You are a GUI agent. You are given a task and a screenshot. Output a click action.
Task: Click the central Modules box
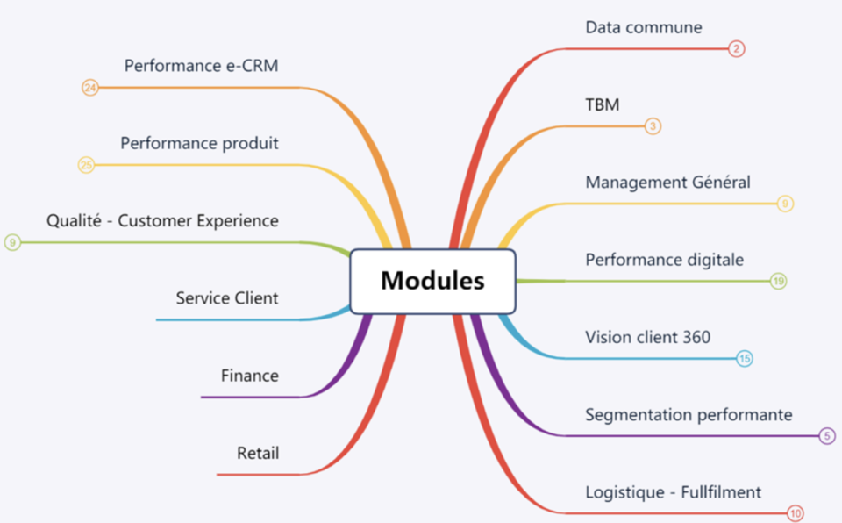pyautogui.click(x=432, y=281)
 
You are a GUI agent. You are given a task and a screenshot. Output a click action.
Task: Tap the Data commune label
pyautogui.click(x=644, y=27)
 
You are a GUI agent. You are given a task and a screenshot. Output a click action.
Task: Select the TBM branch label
pyautogui.click(x=603, y=104)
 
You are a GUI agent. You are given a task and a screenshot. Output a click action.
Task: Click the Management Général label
pyautogui.click(x=667, y=183)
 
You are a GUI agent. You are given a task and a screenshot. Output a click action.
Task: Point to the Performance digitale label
pyautogui.click(x=664, y=260)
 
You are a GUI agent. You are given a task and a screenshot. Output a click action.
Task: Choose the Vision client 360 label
pyautogui.click(x=647, y=337)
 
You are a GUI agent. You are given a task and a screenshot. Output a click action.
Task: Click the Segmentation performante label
pyautogui.click(x=689, y=414)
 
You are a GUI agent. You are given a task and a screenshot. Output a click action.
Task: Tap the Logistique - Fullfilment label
pyautogui.click(x=673, y=492)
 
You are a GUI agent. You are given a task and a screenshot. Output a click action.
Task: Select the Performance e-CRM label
pyautogui.click(x=201, y=65)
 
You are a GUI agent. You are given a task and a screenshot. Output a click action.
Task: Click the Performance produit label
pyautogui.click(x=199, y=142)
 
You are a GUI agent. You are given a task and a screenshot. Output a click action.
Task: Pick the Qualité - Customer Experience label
pyautogui.click(x=162, y=220)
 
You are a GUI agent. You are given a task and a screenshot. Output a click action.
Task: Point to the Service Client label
pyautogui.click(x=226, y=298)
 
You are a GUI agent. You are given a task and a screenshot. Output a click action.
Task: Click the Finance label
pyautogui.click(x=249, y=376)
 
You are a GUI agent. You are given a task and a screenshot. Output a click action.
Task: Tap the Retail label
pyautogui.click(x=258, y=454)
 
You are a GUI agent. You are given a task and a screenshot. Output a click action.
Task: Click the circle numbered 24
pyautogui.click(x=89, y=87)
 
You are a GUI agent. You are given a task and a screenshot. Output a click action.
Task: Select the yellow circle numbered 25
pyautogui.click(x=86, y=165)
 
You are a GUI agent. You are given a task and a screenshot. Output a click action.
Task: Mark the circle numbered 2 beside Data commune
pyautogui.click(x=737, y=49)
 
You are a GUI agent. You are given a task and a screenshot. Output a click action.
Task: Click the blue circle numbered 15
pyautogui.click(x=744, y=358)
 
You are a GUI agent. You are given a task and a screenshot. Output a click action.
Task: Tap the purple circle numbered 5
pyautogui.click(x=827, y=435)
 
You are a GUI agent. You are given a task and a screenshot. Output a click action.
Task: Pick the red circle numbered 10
pyautogui.click(x=795, y=514)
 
